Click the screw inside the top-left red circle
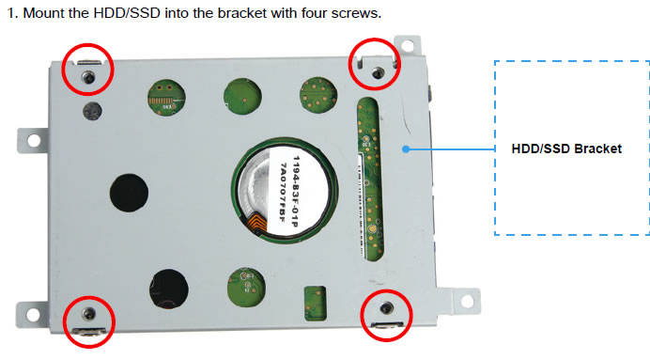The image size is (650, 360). click(x=88, y=77)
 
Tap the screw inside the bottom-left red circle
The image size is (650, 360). click(x=88, y=314)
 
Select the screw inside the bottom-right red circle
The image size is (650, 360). click(x=387, y=307)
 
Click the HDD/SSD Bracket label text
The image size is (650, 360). click(x=566, y=149)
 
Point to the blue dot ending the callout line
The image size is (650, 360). click(x=406, y=149)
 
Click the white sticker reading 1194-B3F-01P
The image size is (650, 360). click(x=289, y=190)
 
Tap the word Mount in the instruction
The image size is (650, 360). click(x=43, y=13)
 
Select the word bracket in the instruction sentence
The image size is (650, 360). click(x=241, y=13)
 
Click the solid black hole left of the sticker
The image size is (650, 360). click(x=129, y=193)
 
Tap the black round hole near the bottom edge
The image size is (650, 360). click(x=169, y=290)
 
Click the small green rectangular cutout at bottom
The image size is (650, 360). click(x=315, y=304)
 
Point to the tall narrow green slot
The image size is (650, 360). click(x=370, y=180)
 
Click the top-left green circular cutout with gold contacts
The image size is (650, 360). click(x=166, y=98)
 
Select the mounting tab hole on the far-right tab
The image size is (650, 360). click(x=468, y=302)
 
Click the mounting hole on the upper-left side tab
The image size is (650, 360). click(x=34, y=141)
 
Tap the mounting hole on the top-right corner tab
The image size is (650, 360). click(x=408, y=46)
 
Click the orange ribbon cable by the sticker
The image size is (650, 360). click(x=259, y=223)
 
